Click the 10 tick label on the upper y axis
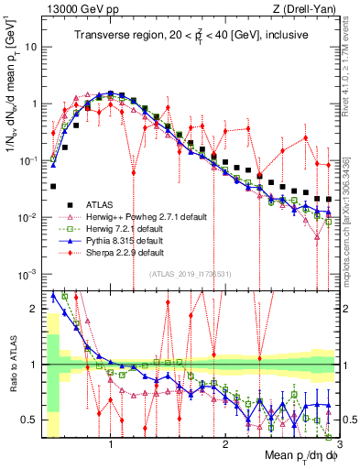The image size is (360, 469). [x=33, y=46]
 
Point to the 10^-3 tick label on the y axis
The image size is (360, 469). [x=30, y=274]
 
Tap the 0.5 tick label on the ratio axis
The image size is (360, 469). [x=31, y=420]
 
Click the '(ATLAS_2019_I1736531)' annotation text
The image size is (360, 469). [x=190, y=274]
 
